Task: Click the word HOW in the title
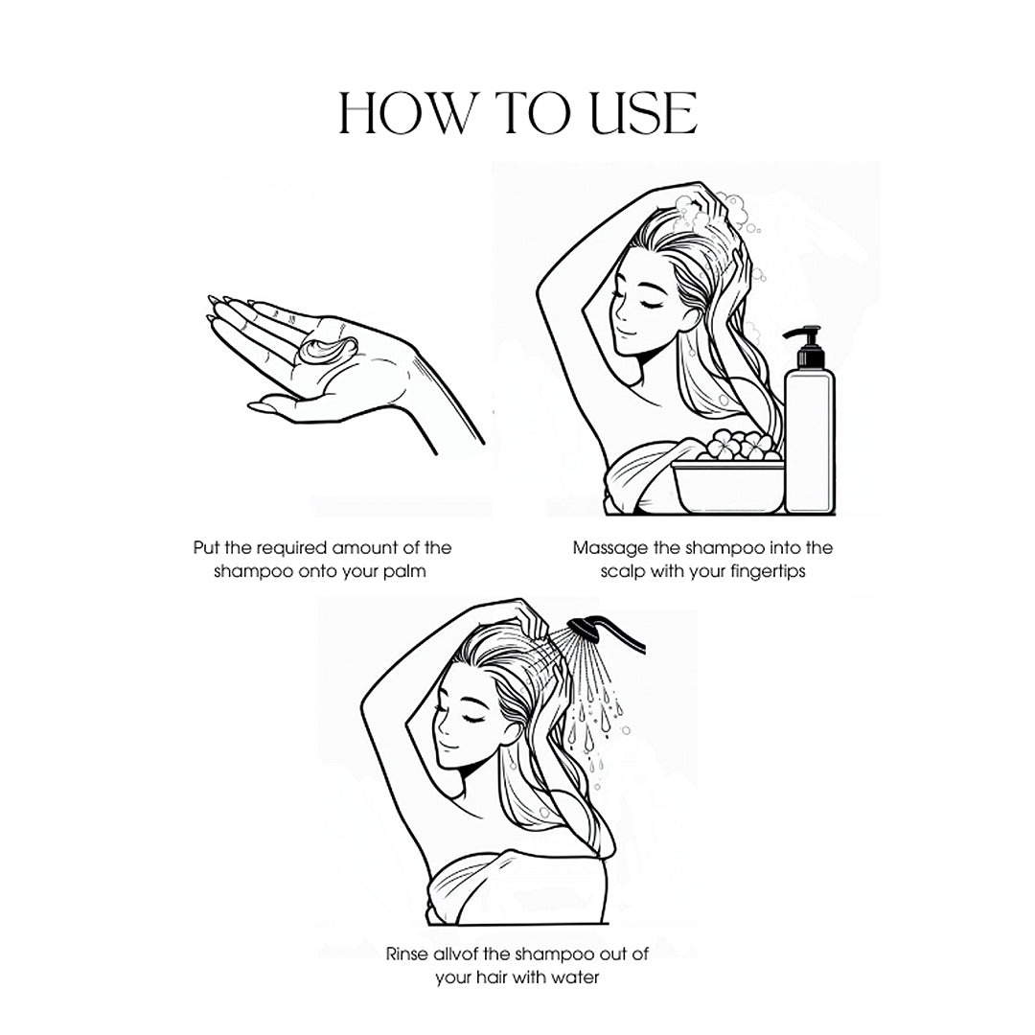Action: point(404,113)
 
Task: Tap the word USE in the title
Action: point(644,113)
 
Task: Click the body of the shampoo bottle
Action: point(809,441)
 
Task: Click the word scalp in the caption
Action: point(623,571)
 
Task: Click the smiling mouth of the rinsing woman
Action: point(447,747)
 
